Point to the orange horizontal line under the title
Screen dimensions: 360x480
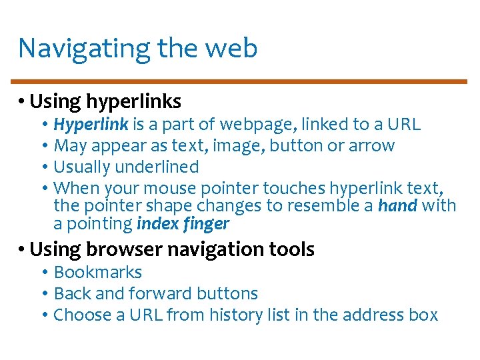(x=240, y=82)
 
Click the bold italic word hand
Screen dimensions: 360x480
(x=397, y=206)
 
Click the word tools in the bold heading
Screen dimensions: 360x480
(x=291, y=250)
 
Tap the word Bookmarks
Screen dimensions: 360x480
(x=97, y=273)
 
